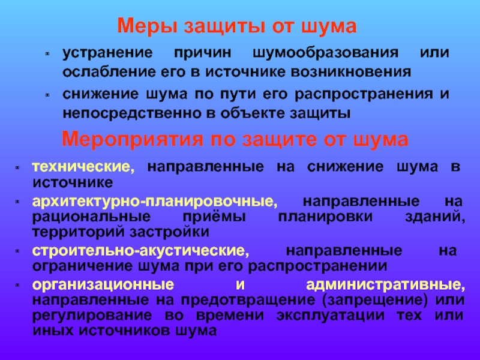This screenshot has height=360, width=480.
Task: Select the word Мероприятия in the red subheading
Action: [x=133, y=139]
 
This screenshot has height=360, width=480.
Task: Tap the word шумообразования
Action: [x=326, y=53]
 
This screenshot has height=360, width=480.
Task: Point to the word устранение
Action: [x=107, y=53]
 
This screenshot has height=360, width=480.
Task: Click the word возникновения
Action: [x=351, y=72]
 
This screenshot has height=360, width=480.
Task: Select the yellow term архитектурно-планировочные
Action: [x=155, y=202]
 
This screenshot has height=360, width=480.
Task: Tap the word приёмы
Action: [x=214, y=217]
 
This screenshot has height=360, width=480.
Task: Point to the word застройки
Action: [x=169, y=232]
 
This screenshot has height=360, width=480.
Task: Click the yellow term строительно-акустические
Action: [x=140, y=251]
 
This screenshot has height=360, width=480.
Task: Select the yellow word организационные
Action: [x=103, y=284]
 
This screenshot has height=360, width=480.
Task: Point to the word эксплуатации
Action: [x=331, y=316]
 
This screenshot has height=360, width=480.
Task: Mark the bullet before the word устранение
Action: [x=47, y=54]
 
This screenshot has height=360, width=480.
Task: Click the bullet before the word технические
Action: [x=17, y=168]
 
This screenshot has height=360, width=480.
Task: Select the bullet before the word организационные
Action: [x=17, y=286]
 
